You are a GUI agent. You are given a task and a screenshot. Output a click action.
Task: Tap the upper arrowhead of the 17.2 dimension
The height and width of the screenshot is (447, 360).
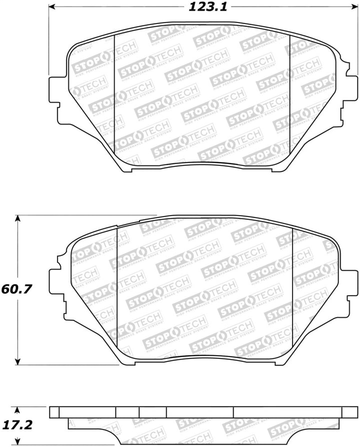(18, 409)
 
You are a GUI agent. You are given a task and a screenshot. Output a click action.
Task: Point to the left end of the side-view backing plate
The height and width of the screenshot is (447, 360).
(54, 412)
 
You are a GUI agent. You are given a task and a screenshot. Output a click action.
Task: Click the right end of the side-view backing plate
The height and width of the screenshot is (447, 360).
(352, 412)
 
